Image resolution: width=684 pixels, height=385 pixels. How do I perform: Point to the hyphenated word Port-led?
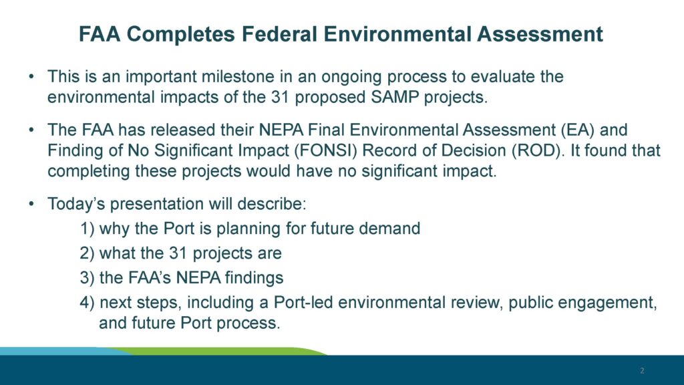pyautogui.click(x=303, y=303)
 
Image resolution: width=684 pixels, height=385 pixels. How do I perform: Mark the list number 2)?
pyautogui.click(x=87, y=253)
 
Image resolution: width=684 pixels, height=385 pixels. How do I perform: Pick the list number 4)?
pyautogui.click(x=87, y=303)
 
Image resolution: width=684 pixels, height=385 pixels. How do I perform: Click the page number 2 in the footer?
pyautogui.click(x=642, y=370)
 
